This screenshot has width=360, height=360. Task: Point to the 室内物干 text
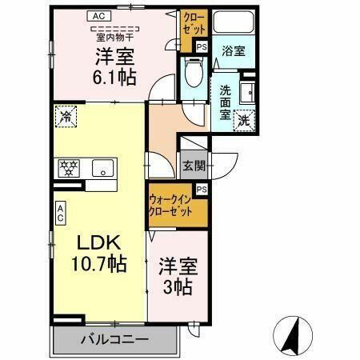tap(116, 36)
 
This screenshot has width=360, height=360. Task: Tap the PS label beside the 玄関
tap(201, 189)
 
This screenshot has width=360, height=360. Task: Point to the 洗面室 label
tap(226, 101)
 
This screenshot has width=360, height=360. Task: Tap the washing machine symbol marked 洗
tap(246, 122)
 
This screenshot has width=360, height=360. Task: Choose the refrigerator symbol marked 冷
tap(66, 117)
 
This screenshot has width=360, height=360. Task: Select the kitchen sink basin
tap(102, 168)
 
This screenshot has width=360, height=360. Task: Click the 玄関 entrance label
tap(193, 166)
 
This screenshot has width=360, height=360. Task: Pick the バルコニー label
tap(114, 339)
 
